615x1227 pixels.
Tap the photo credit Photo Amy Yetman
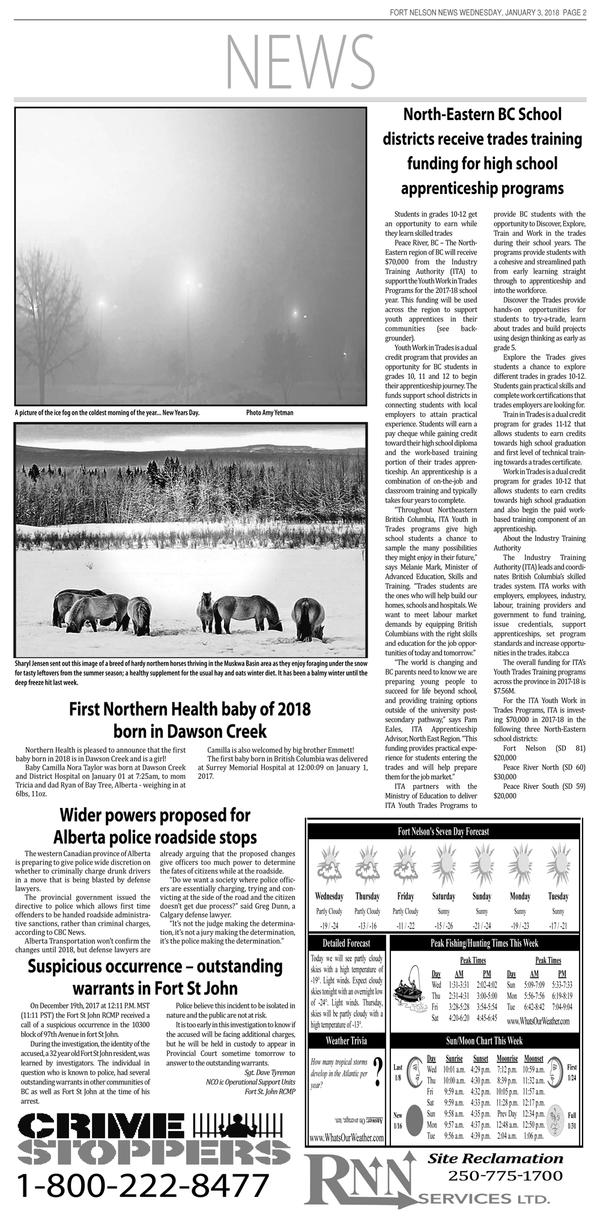pyautogui.click(x=270, y=413)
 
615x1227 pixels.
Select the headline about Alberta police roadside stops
pyautogui.click(x=155, y=826)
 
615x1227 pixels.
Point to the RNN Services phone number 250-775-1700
pyautogui.click(x=505, y=1175)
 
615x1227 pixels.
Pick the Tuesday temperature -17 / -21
pyautogui.click(x=558, y=925)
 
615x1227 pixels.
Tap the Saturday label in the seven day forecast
pyautogui.click(x=444, y=896)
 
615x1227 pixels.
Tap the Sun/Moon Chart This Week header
pyautogui.click(x=484, y=1040)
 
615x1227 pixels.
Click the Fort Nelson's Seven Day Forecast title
pyautogui.click(x=443, y=831)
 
